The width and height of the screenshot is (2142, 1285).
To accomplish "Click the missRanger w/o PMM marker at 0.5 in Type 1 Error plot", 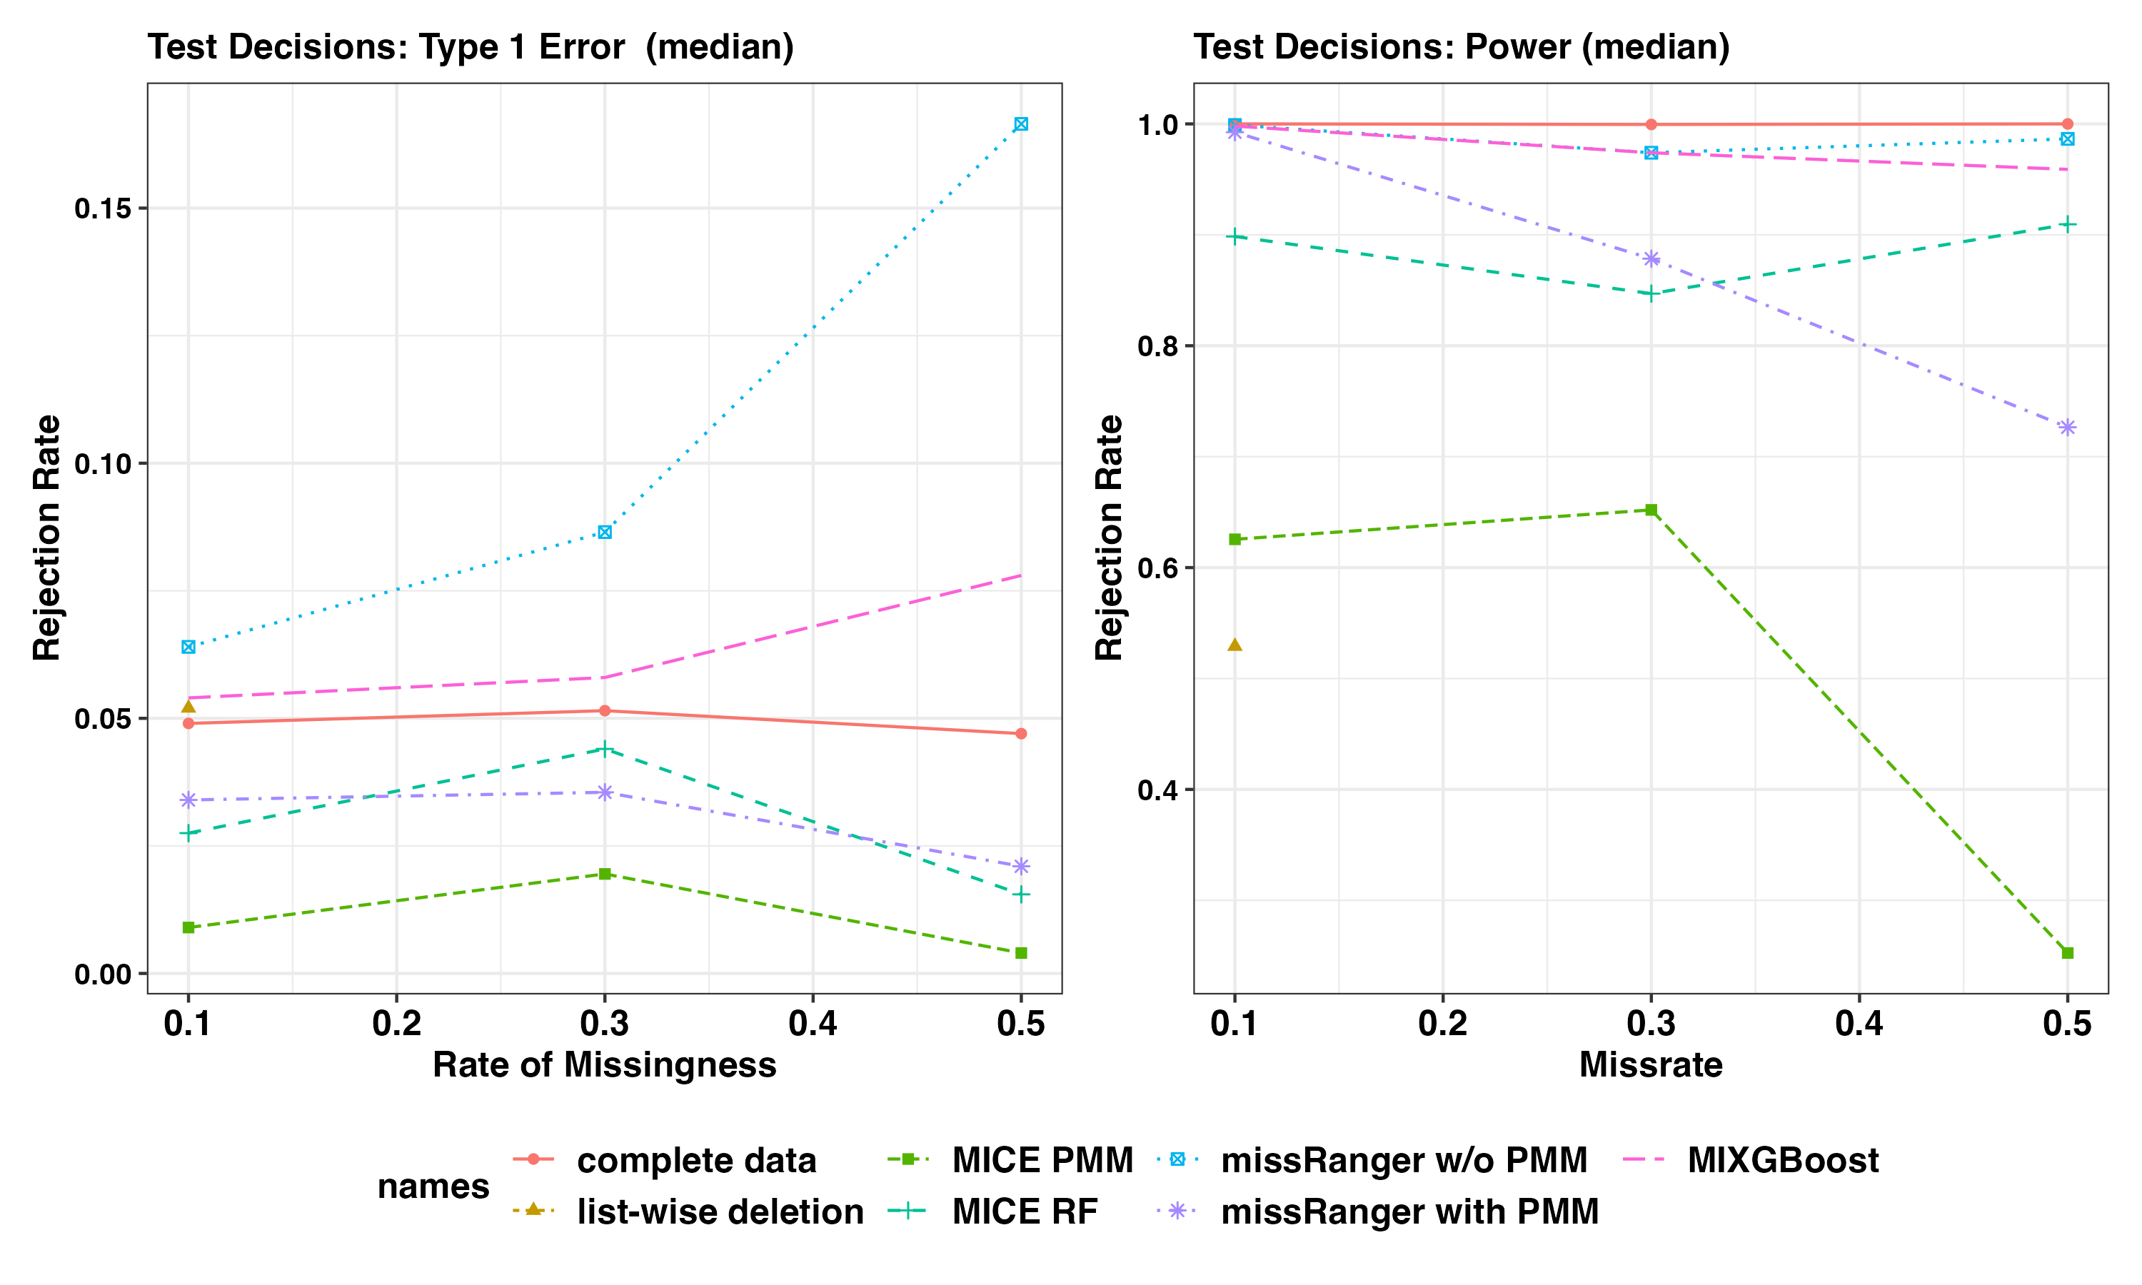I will point(1021,125).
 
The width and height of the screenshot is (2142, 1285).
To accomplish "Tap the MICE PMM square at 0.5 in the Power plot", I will point(2068,953).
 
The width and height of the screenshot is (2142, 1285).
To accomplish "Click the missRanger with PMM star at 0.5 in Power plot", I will point(2068,428).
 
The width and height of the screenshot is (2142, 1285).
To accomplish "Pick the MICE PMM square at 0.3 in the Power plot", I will point(1651,510).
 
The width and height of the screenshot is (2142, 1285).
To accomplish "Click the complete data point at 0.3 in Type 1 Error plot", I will point(604,711).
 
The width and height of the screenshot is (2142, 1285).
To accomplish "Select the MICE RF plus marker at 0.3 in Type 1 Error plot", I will point(604,749).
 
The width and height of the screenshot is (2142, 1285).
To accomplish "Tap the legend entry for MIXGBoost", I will point(1782,1160).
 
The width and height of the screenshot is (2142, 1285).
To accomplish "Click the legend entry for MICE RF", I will point(1025,1211).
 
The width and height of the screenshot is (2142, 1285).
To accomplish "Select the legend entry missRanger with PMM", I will point(1409,1211).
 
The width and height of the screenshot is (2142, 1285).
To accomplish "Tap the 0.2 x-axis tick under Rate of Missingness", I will point(396,1024).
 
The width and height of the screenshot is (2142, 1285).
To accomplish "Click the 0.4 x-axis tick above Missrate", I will point(1859,1024).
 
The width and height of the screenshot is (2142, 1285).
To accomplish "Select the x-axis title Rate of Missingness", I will point(604,1065).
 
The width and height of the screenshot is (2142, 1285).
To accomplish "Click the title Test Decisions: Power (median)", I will point(1462,46).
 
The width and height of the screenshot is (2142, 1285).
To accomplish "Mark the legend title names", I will point(433,1186).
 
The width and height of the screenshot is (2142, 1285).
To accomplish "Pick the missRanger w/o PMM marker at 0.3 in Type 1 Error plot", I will point(604,532).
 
